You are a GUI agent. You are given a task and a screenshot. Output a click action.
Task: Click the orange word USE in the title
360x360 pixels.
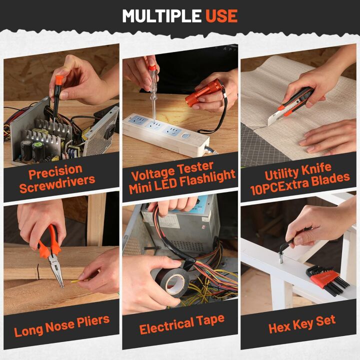[221, 16]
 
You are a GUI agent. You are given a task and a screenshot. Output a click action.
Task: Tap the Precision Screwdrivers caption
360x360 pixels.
[62, 177]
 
